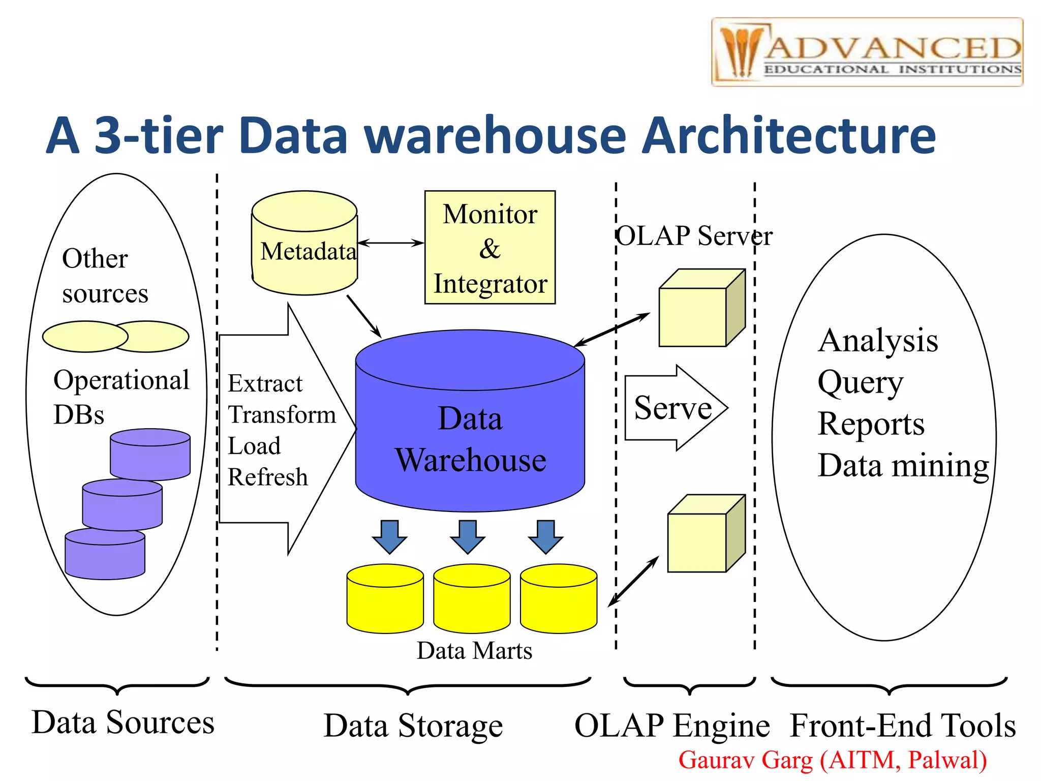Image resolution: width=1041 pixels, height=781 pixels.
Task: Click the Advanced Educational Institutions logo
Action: pyautogui.click(x=867, y=52)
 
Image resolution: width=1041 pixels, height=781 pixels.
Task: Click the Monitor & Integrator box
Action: pyautogui.click(x=489, y=248)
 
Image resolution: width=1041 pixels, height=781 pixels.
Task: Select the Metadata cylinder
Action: pyautogui.click(x=305, y=244)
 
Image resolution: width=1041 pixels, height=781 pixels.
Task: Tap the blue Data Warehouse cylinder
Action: pyautogui.click(x=470, y=437)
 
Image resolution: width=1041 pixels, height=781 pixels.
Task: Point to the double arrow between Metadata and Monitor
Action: pyautogui.click(x=390, y=243)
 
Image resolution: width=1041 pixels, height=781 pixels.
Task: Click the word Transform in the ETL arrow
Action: pyautogui.click(x=282, y=415)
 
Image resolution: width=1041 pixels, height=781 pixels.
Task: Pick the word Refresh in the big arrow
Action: pyautogui.click(x=267, y=477)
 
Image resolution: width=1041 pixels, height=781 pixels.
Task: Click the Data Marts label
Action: pyautogui.click(x=474, y=651)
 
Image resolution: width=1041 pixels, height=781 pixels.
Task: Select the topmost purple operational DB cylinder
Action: pyautogui.click(x=150, y=454)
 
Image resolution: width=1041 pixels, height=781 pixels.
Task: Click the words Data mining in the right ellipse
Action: pyautogui.click(x=903, y=465)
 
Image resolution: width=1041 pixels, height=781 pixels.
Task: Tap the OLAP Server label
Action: pyautogui.click(x=694, y=236)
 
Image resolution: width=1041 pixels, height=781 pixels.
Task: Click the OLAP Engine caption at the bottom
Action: pyautogui.click(x=672, y=726)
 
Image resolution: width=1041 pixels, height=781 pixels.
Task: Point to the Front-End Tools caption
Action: pyautogui.click(x=903, y=726)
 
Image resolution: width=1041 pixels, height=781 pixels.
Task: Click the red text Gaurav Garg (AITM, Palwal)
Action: pyautogui.click(x=833, y=760)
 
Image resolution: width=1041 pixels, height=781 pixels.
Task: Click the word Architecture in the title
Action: pyautogui.click(x=788, y=136)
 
